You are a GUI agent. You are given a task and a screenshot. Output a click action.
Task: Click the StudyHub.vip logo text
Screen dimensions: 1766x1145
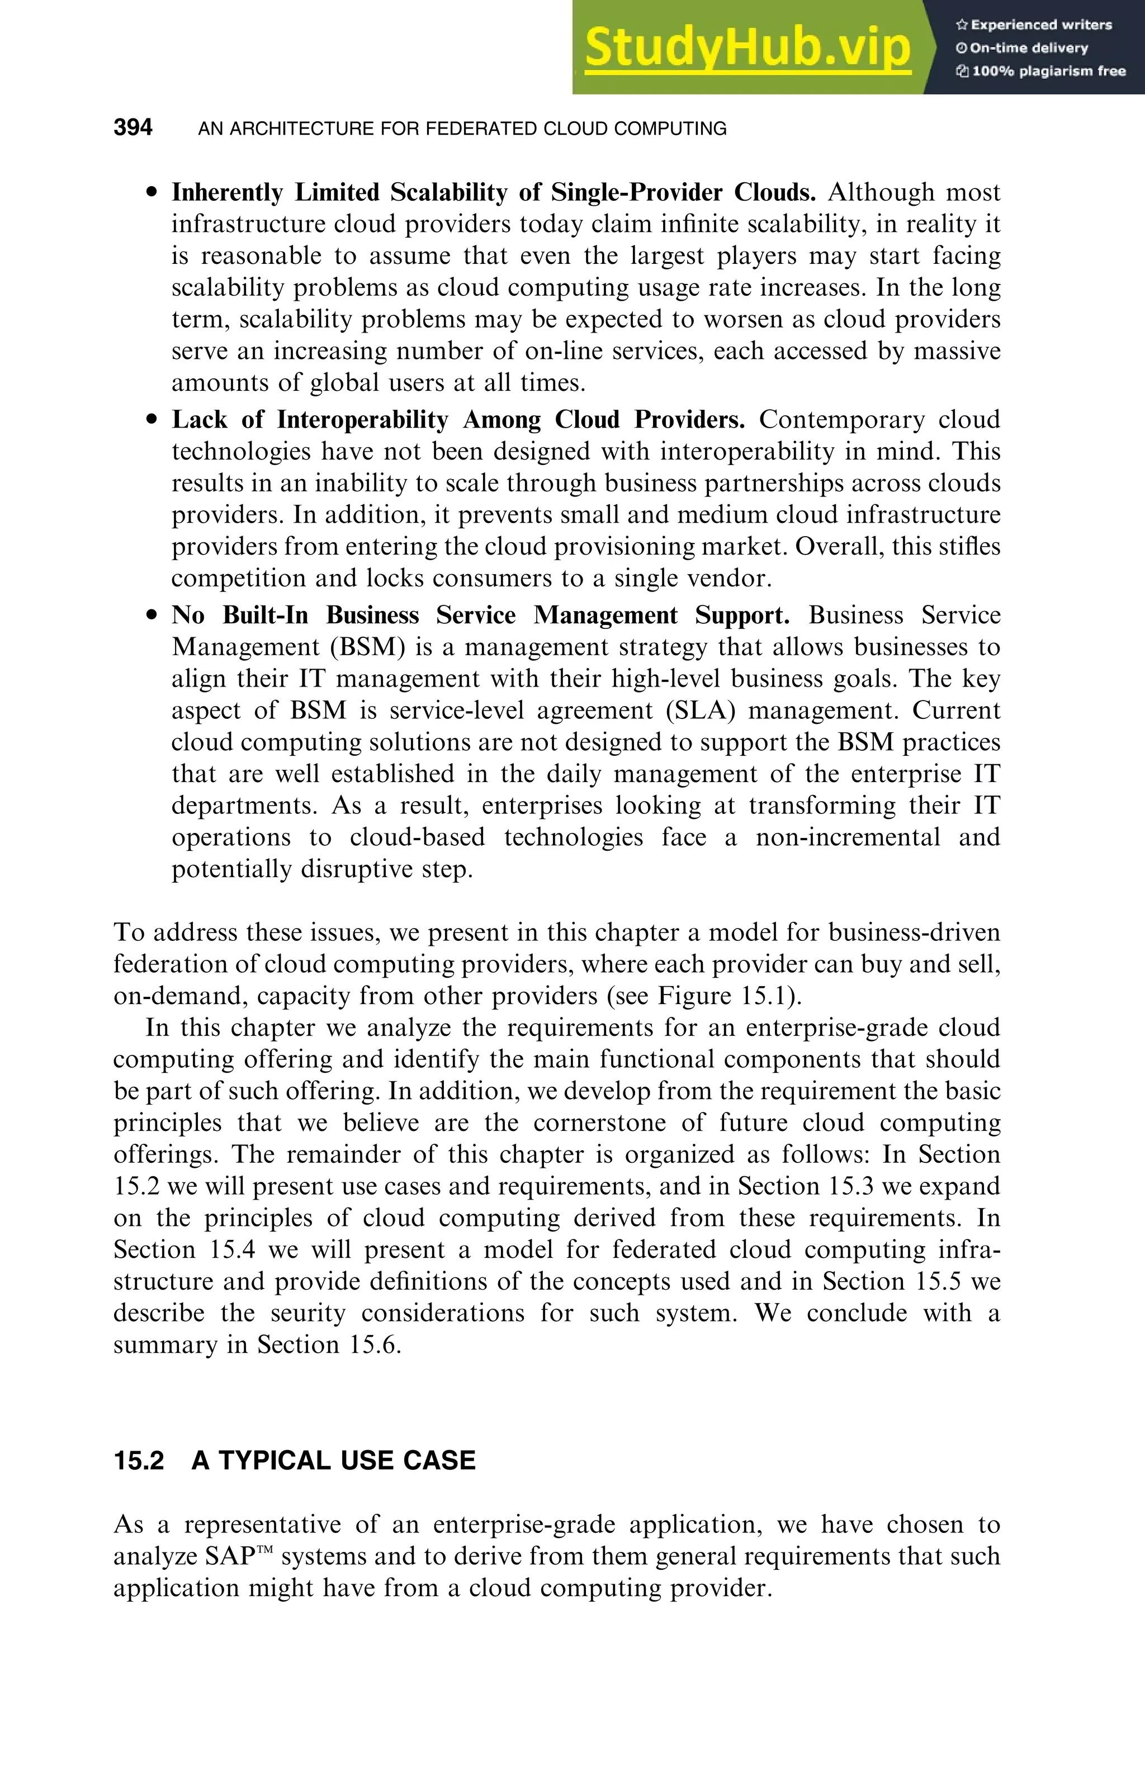747,48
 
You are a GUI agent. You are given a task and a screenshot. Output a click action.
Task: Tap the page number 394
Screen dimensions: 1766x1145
133,127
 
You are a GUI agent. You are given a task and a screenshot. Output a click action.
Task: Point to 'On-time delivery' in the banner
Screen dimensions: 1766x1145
1028,48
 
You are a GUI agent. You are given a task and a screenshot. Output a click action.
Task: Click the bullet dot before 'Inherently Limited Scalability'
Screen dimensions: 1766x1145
152,193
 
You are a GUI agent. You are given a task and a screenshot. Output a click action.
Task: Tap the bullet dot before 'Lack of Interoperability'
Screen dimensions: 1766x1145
152,420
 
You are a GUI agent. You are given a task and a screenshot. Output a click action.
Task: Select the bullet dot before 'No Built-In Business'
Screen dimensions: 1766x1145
152,616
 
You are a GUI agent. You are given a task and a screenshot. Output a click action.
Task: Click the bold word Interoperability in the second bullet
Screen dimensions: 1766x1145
362,420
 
